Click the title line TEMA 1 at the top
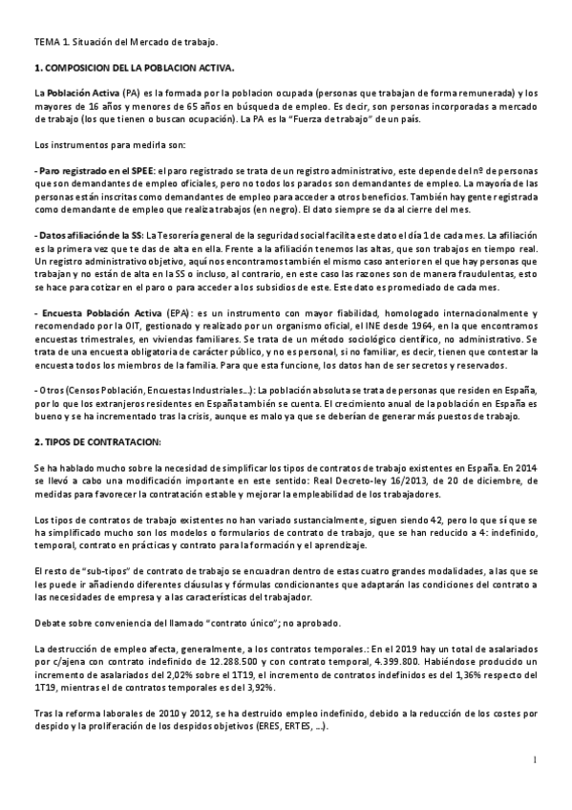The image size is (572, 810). [125, 42]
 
